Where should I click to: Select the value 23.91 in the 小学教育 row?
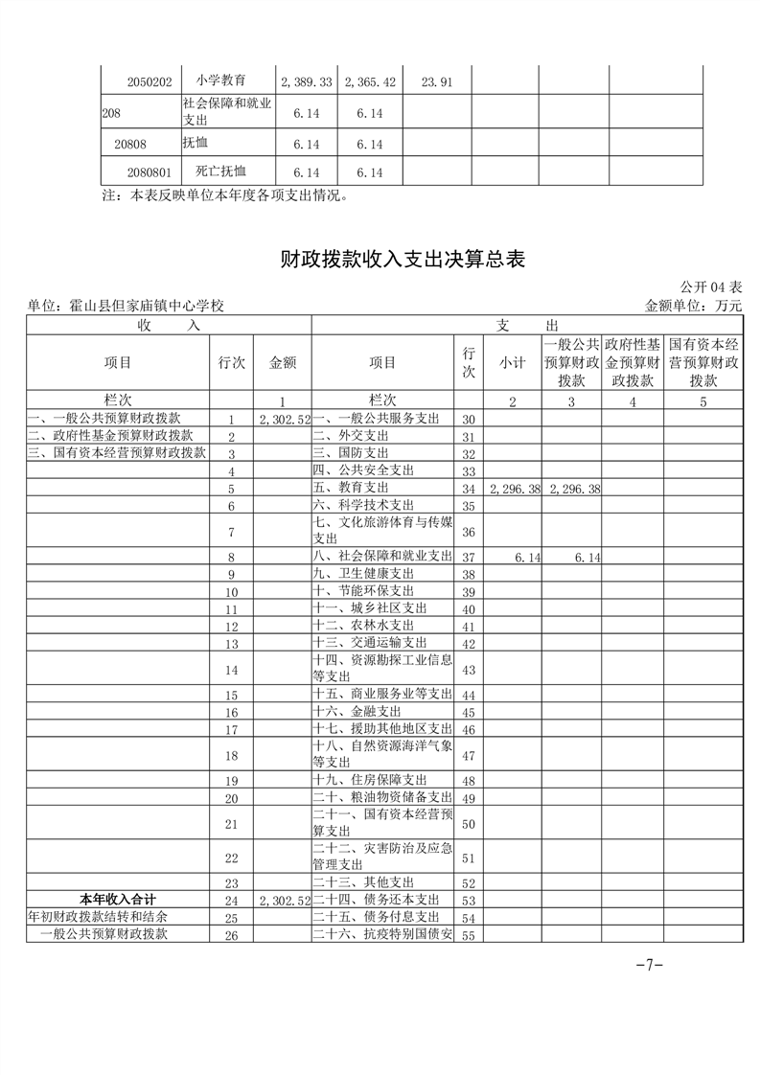[x=436, y=82]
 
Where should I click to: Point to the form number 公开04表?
[x=711, y=287]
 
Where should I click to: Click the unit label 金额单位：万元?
[x=694, y=306]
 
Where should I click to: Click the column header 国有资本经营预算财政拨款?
[x=702, y=362]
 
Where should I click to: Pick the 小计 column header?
[x=513, y=362]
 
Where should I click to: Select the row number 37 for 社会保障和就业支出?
[x=469, y=557]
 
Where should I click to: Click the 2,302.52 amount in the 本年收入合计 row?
[x=285, y=901]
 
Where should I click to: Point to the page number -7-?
[x=650, y=966]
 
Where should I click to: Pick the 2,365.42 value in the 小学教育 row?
[x=370, y=82]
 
